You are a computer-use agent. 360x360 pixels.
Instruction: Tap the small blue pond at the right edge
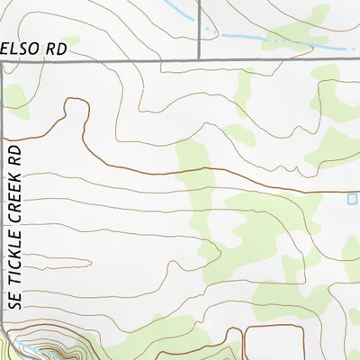[352, 198]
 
